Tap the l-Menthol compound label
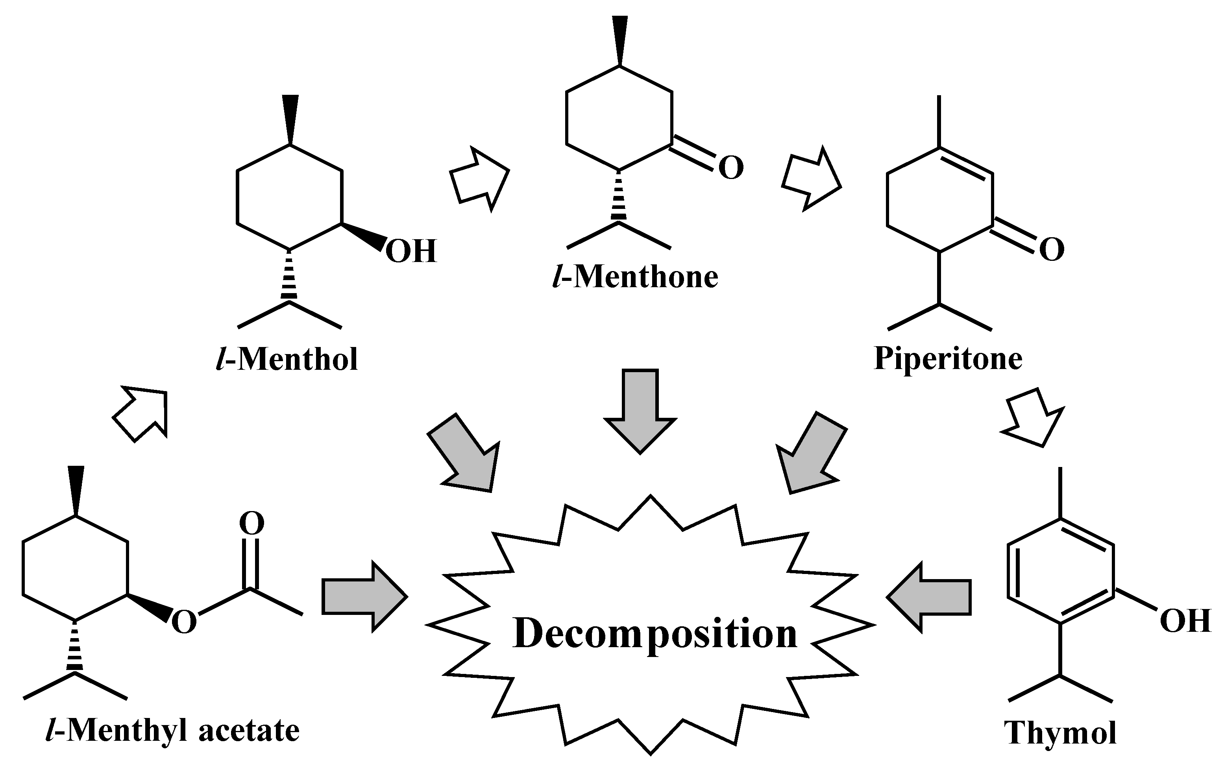click(287, 359)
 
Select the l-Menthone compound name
click(635, 277)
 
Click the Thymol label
click(1060, 733)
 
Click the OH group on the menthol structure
click(410, 251)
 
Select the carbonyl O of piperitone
click(1052, 249)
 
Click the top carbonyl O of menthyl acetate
click(251, 524)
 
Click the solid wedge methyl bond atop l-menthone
click(620, 41)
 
